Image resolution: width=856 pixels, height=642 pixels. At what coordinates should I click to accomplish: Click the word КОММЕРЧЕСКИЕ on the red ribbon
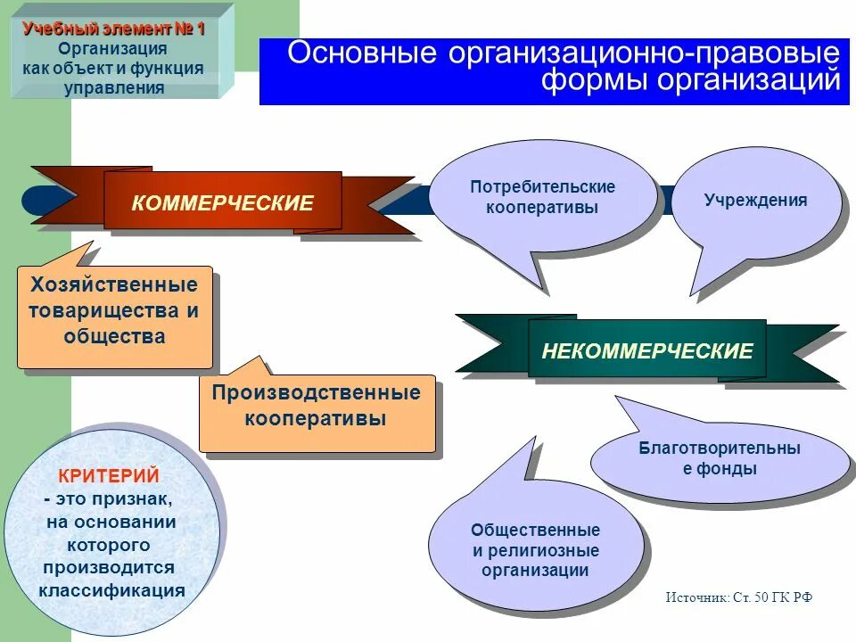(x=223, y=203)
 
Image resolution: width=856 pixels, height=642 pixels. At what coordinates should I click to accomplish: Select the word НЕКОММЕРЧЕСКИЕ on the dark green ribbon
(x=647, y=350)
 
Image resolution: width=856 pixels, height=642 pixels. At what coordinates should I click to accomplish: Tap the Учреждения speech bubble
(x=755, y=201)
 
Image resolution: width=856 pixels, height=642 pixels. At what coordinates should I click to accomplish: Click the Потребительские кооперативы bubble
(x=542, y=197)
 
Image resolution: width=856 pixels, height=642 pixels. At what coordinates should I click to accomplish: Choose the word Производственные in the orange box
(x=317, y=393)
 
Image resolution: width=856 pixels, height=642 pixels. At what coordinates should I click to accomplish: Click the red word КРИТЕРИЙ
(x=109, y=476)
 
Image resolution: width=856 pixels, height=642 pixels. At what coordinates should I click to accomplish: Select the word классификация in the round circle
(x=111, y=590)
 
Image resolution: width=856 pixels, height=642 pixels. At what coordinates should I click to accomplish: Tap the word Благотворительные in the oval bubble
(x=720, y=449)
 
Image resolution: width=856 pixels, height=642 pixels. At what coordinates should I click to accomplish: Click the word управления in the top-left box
(x=114, y=87)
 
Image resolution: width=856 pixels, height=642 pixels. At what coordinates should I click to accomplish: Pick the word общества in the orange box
(x=114, y=336)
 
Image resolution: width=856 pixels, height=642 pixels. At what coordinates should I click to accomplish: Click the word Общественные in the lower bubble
(x=535, y=530)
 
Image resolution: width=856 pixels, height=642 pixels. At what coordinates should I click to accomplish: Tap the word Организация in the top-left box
(x=114, y=48)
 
